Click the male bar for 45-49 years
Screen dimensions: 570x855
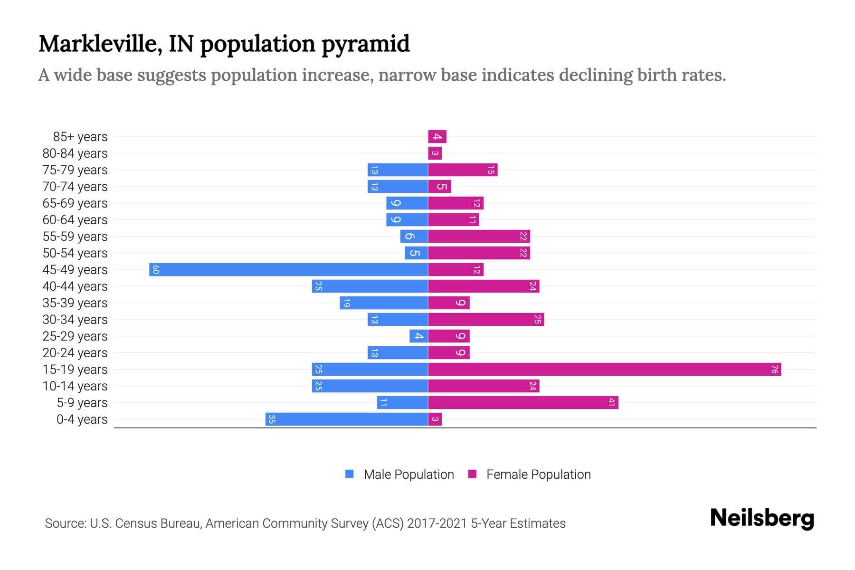tap(288, 270)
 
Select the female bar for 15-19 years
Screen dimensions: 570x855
tap(604, 370)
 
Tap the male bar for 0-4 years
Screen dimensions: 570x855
tap(347, 419)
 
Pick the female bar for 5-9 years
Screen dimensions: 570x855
tap(522, 403)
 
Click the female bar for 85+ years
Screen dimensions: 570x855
tap(437, 137)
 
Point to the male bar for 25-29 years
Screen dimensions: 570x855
tap(418, 336)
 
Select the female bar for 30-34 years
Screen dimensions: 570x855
tap(485, 320)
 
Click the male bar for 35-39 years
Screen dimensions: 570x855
tap(384, 303)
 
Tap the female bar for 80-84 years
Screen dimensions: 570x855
tap(435, 153)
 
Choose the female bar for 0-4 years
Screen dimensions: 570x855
tap(435, 419)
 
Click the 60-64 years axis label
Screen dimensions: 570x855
tap(75, 220)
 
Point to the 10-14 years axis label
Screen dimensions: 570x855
tap(75, 386)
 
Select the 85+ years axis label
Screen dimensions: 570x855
tap(80, 137)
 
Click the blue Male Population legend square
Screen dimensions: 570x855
tap(350, 474)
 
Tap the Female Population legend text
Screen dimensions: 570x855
tap(538, 475)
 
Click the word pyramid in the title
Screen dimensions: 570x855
tap(365, 44)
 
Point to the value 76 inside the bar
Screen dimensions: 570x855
tap(774, 370)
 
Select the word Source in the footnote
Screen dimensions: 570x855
tap(65, 523)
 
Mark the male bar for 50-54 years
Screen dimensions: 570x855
tap(416, 253)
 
